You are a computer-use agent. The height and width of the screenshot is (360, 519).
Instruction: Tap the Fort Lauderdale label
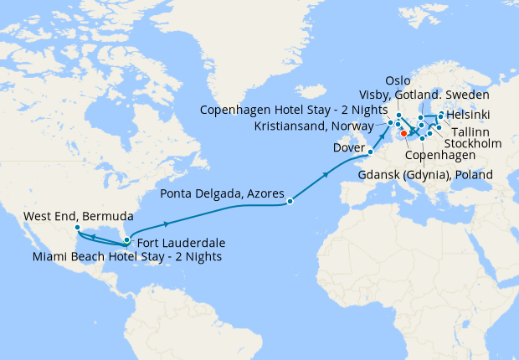click(x=178, y=243)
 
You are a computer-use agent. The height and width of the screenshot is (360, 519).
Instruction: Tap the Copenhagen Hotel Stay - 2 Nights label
click(x=294, y=110)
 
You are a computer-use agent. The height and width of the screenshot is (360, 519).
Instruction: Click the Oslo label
click(x=398, y=80)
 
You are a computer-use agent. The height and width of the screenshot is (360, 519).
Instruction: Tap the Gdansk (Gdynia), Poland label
click(x=425, y=174)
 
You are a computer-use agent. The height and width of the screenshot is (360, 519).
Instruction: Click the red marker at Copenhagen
click(x=403, y=132)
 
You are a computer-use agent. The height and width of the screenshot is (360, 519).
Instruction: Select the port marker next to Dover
click(x=370, y=152)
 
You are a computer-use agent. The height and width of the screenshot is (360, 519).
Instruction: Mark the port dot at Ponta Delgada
click(x=290, y=201)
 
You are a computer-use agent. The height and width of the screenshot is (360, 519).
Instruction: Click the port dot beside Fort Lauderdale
click(x=126, y=241)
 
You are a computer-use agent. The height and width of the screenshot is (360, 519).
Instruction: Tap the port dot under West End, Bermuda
click(x=76, y=227)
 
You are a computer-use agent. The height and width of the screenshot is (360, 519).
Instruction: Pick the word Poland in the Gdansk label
click(x=473, y=174)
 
